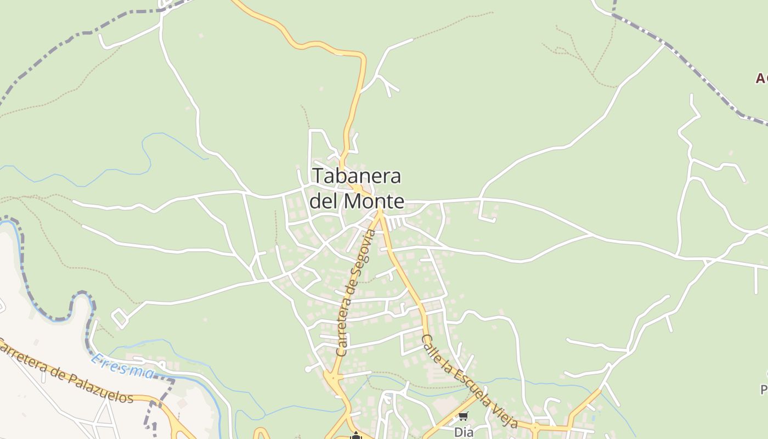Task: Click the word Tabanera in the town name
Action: [357, 176]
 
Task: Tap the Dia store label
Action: [464, 432]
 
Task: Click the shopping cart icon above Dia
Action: [464, 417]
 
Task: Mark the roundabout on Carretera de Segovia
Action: [332, 377]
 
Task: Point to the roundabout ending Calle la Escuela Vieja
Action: [535, 426]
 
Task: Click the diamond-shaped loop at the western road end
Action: [120, 318]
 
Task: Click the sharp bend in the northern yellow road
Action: [360, 55]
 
